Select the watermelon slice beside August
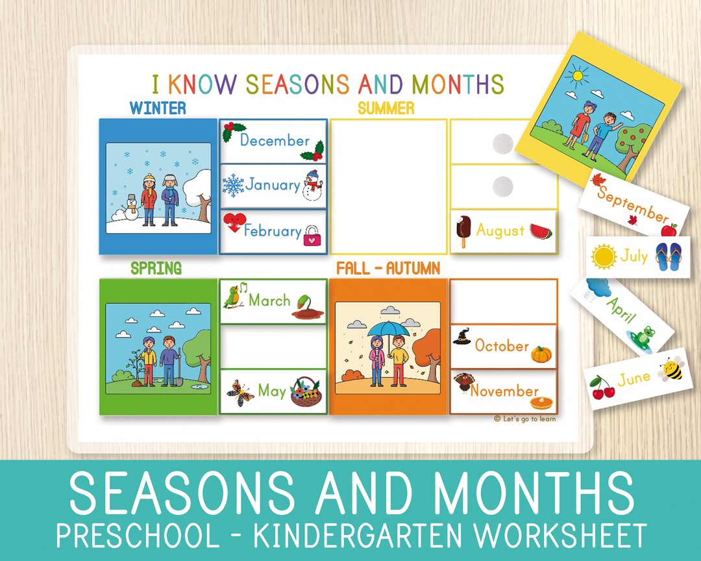[x=541, y=231]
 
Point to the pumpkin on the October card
[x=541, y=354]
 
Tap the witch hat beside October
[x=462, y=338]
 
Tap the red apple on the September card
[x=669, y=229]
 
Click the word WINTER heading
[x=158, y=108]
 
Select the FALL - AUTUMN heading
[x=387, y=268]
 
